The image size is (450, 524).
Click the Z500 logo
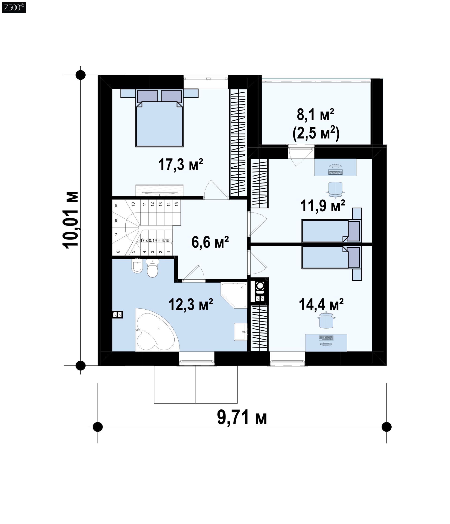[x=14, y=7]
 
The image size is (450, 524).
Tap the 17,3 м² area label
[x=180, y=165]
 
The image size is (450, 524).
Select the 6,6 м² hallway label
[x=210, y=242]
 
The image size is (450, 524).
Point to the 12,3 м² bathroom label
[x=191, y=304]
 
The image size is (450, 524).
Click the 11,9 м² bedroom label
[x=322, y=206]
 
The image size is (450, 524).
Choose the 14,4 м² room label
[x=321, y=304]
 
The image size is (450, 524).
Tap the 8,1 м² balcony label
[x=315, y=115]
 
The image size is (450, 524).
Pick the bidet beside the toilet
[x=137, y=266]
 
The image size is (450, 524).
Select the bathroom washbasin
[x=240, y=332]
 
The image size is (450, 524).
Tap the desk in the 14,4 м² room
[x=326, y=343]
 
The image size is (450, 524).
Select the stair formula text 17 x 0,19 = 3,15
[x=155, y=240]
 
